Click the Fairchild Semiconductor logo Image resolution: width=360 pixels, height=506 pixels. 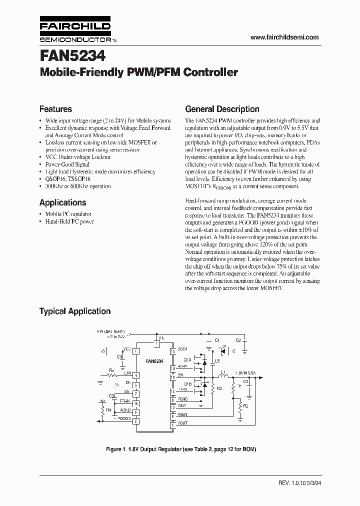pos(75,31)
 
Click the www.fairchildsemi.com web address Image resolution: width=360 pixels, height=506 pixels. pos(283,37)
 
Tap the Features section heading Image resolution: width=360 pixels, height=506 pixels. pos(55,109)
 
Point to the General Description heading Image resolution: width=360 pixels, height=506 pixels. pos(222,109)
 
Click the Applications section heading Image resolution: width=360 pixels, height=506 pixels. pos(62,202)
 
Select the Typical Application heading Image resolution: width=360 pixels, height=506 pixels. pos(75,311)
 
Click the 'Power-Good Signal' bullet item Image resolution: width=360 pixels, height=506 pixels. pos(67,164)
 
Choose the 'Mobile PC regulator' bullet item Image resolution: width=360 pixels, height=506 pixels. pos(69,214)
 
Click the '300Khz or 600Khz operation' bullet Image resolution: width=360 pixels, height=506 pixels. pos(78,186)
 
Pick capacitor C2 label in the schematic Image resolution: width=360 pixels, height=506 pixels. pos(238,340)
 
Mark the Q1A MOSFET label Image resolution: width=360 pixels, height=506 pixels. pos(187,359)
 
